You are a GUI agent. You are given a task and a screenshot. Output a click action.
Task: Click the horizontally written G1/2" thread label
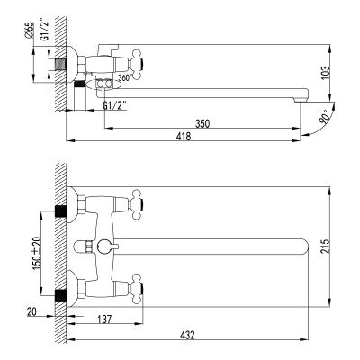(x=114, y=104)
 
